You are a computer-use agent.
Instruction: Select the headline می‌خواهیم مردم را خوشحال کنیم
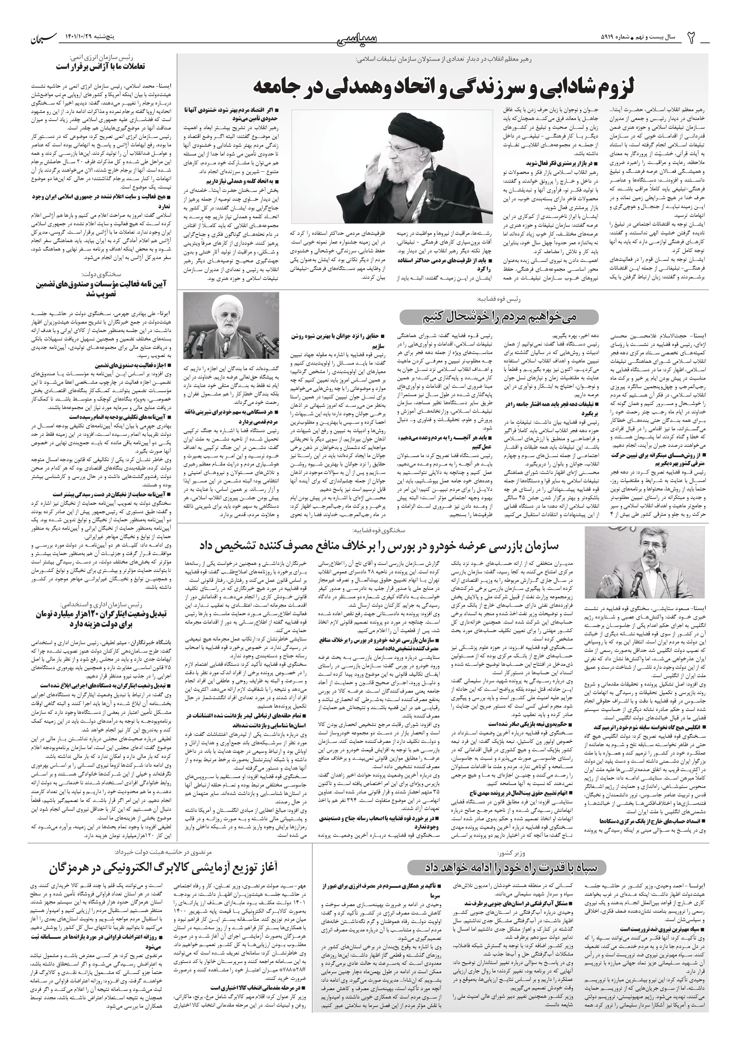pos(499,317)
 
